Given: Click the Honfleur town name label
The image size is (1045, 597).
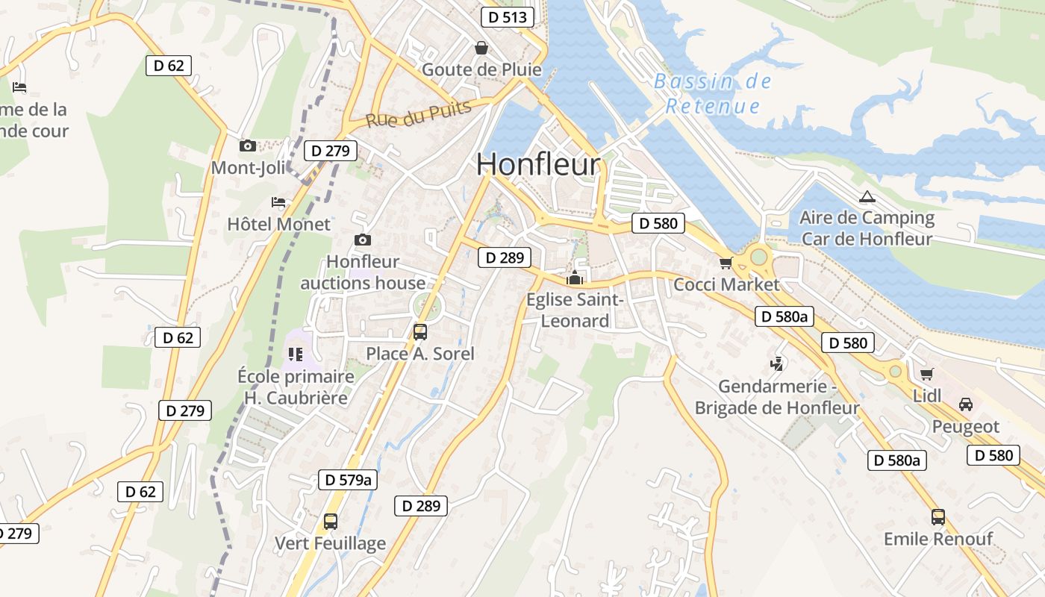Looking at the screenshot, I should [537, 165].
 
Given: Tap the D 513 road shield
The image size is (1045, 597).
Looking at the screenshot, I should [508, 17].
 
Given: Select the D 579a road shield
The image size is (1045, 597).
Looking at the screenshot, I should [348, 479].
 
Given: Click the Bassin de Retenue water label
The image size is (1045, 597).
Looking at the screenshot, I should [712, 93].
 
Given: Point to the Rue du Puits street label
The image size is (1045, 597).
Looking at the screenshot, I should [419, 113].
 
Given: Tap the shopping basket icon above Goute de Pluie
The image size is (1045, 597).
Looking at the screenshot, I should [481, 48].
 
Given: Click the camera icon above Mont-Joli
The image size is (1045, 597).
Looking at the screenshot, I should [248, 146].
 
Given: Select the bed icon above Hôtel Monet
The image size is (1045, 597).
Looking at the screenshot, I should [278, 201].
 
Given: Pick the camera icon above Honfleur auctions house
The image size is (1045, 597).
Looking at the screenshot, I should [362, 240].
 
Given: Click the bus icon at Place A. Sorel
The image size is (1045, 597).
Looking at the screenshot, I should [420, 331].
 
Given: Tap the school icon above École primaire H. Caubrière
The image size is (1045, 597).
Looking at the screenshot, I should [295, 354].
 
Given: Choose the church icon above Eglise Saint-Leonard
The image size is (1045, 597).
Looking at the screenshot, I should [575, 279].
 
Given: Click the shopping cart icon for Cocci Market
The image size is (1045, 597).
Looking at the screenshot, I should [726, 263].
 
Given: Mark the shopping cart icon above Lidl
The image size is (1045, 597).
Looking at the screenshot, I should [927, 374].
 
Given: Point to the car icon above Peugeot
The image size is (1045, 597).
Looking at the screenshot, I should [965, 404].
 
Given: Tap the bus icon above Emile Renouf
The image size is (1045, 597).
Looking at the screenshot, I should [938, 516].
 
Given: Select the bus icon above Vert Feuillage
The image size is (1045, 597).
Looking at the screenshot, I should [331, 521].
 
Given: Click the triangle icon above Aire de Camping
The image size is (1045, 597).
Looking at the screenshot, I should [867, 197].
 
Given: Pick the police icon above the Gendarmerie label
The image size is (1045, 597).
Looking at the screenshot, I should [777, 364].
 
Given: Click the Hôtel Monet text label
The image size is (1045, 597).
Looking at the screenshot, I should [278, 224].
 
